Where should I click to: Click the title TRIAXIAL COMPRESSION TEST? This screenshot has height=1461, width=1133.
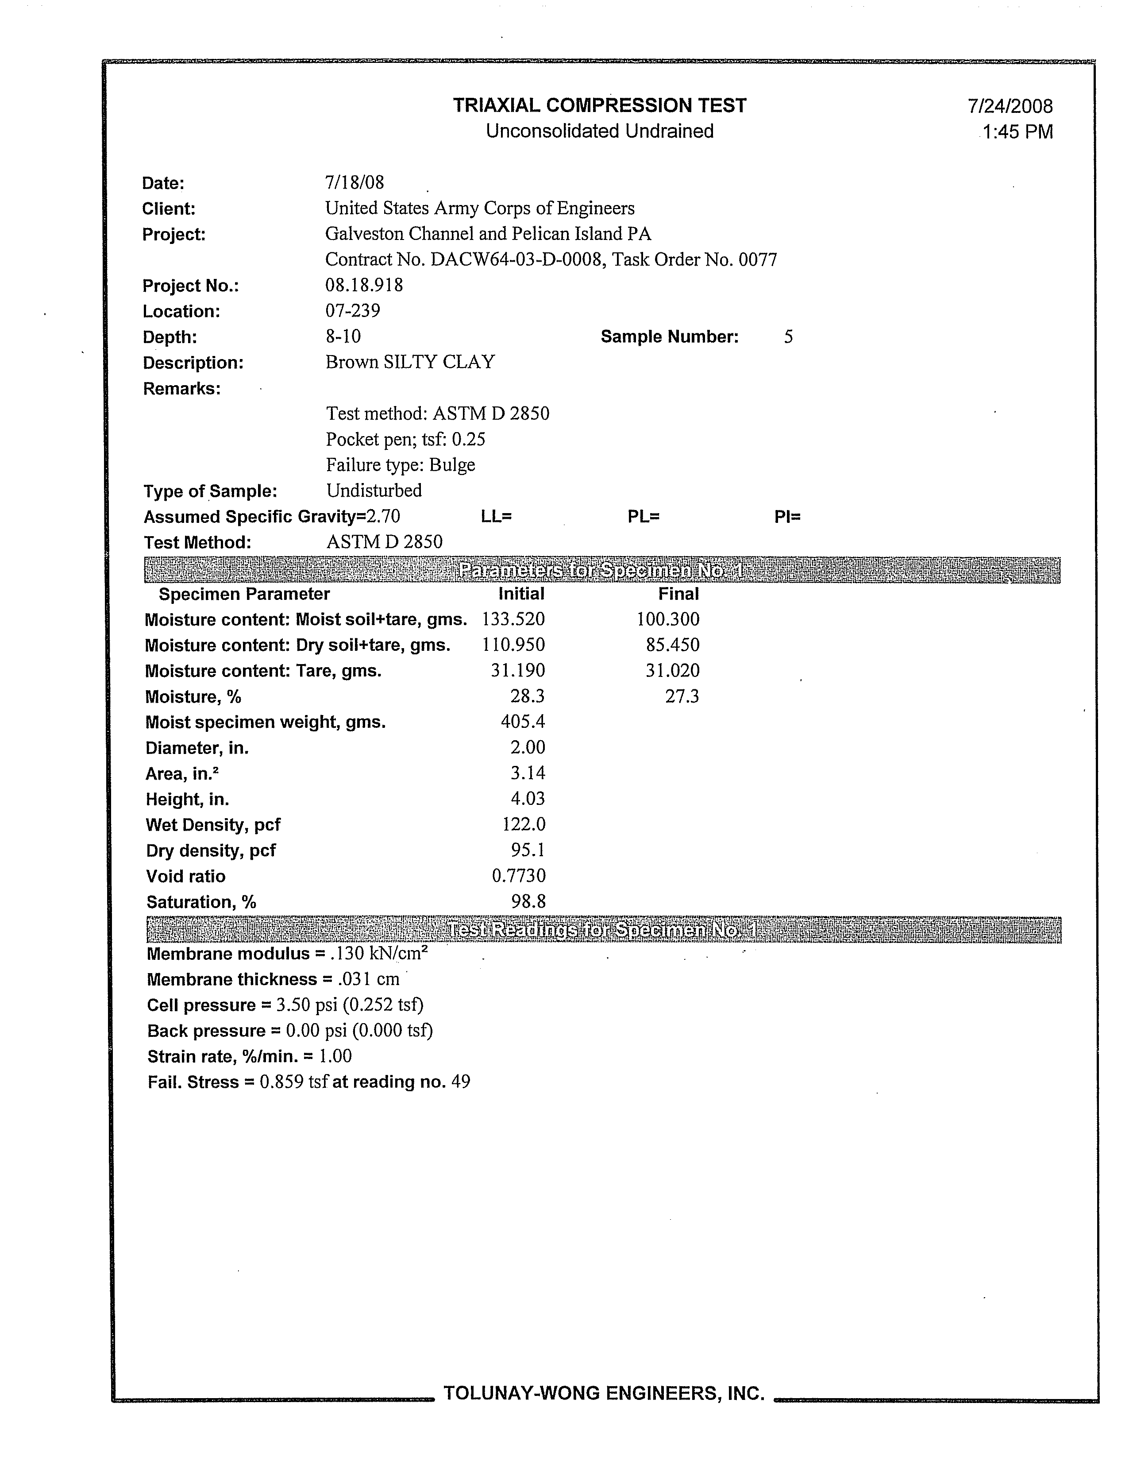coord(599,106)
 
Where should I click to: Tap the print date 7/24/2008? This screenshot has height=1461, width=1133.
coord(1010,106)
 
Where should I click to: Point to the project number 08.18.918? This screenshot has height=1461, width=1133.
coord(364,286)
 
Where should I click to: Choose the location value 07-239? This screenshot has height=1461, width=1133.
coord(352,311)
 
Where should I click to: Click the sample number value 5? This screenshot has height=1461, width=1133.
coord(789,337)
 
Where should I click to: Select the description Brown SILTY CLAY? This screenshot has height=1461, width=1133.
coord(410,363)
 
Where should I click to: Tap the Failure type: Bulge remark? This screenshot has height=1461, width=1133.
coord(401,465)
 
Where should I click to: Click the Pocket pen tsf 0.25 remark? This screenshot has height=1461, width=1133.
coord(405,440)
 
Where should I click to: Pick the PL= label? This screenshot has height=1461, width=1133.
coord(644,516)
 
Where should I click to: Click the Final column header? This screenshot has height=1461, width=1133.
coord(678,594)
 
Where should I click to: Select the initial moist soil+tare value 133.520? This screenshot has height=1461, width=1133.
coord(513,619)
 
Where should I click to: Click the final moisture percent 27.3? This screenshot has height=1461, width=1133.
coord(682,697)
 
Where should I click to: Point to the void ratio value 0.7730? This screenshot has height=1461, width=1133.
coord(519,876)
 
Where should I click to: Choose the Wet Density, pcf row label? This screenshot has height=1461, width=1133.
coord(213,825)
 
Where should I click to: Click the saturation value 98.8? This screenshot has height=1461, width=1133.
coord(528,902)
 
